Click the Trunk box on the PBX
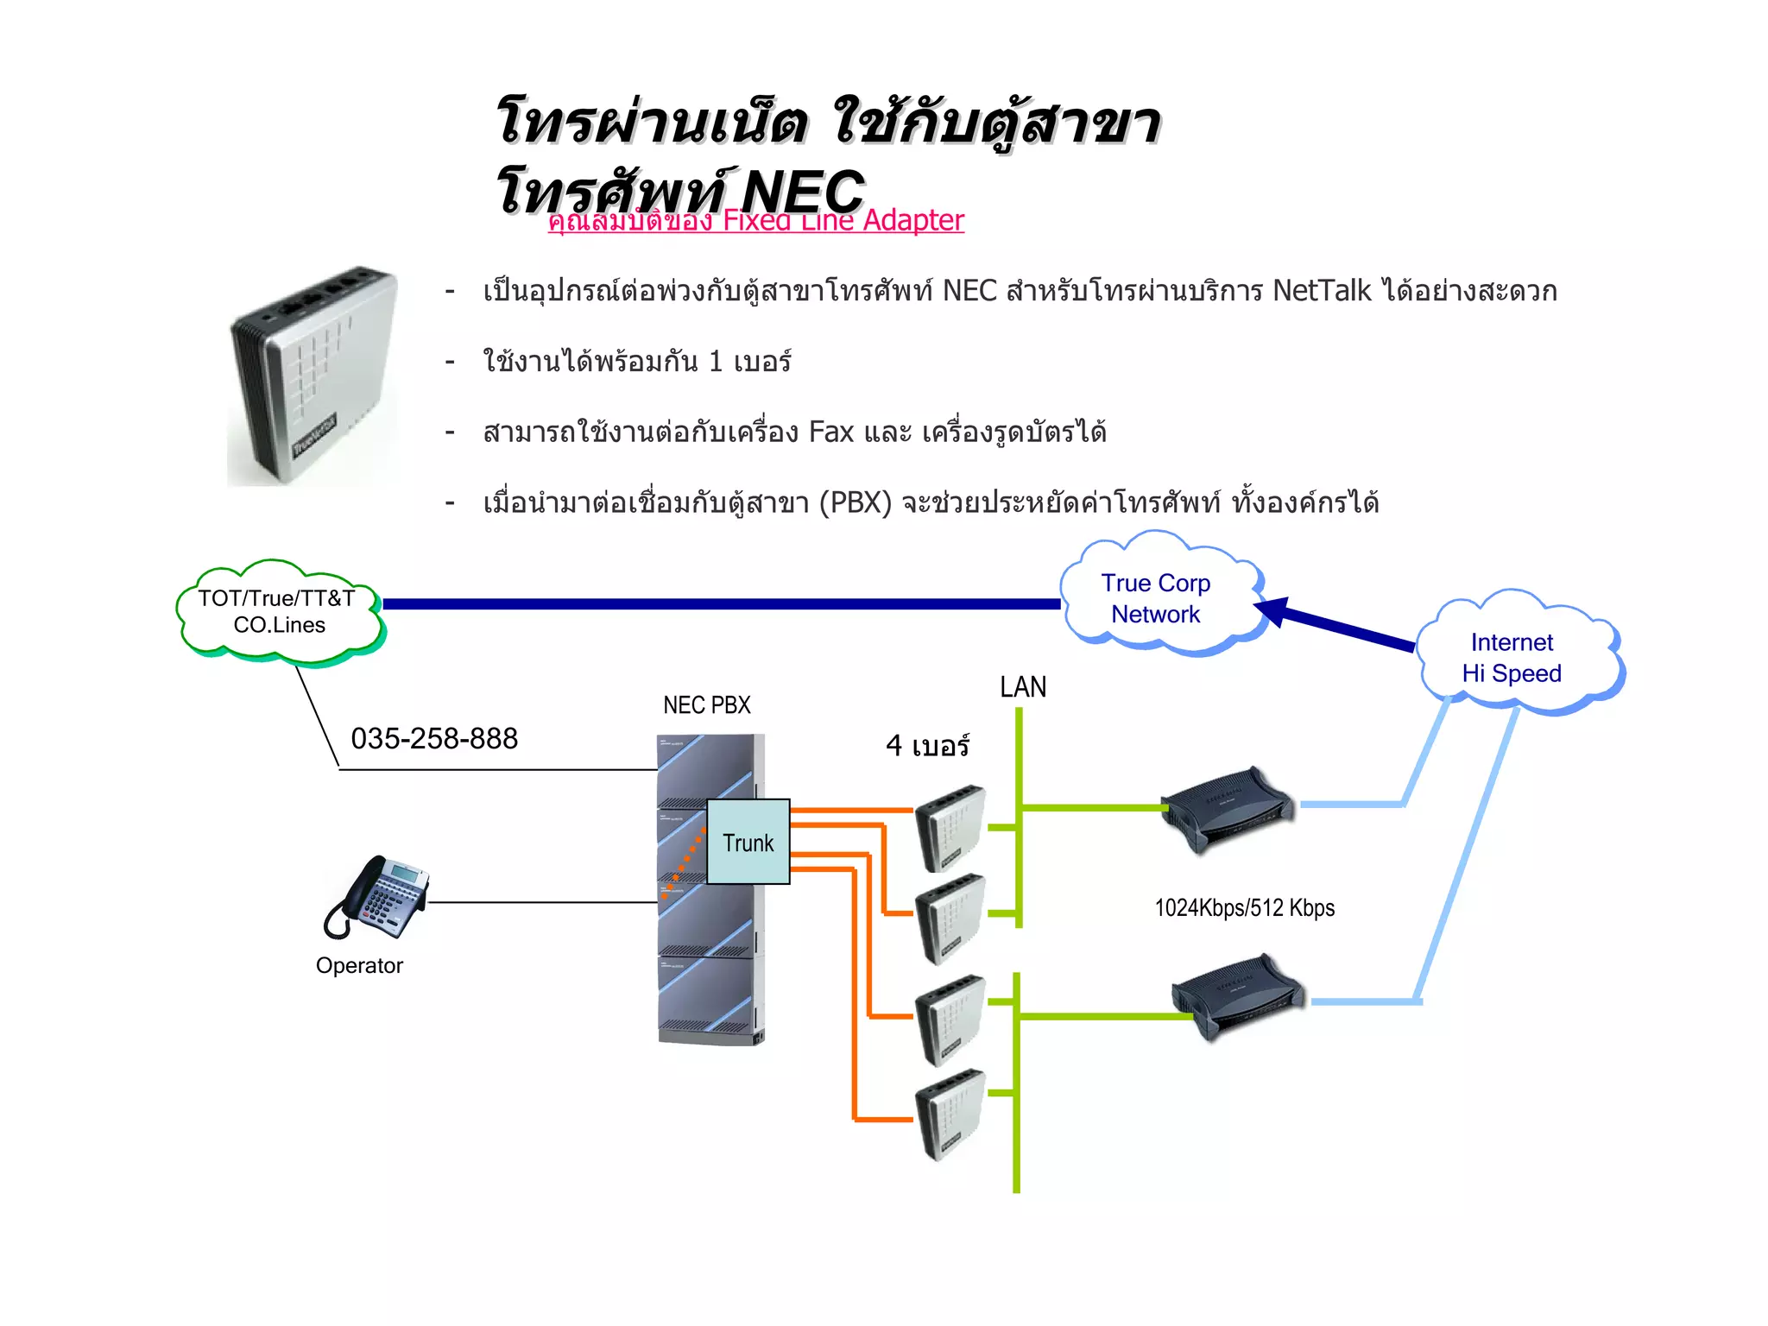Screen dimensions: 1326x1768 pyautogui.click(x=748, y=842)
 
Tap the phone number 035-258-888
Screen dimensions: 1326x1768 pyautogui.click(x=434, y=739)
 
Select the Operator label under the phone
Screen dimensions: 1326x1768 pyautogui.click(x=359, y=966)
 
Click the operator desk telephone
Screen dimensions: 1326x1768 pyautogui.click(x=379, y=897)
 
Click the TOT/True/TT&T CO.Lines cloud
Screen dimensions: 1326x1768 pyautogui.click(x=278, y=611)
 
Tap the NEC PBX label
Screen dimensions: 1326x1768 pyautogui.click(x=707, y=705)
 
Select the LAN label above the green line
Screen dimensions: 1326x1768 pyautogui.click(x=1023, y=687)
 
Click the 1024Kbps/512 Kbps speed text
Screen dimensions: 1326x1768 pyautogui.click(x=1245, y=908)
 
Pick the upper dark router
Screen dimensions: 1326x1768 pyautogui.click(x=1226, y=808)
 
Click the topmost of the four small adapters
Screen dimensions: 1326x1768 pyautogui.click(x=950, y=826)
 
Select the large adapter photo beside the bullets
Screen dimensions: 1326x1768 pyautogui.click(x=313, y=376)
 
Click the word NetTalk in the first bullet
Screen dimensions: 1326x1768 pyautogui.click(x=1321, y=291)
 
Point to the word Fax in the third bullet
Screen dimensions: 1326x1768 pyautogui.click(x=830, y=432)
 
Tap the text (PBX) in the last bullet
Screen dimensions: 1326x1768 pyautogui.click(x=855, y=502)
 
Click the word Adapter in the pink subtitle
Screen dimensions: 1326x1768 pyautogui.click(x=913, y=221)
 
